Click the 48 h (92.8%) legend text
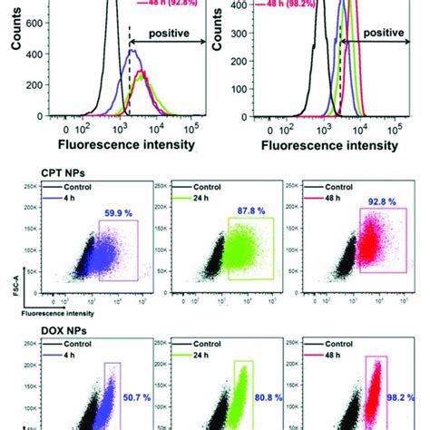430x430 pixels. pyautogui.click(x=167, y=3)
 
